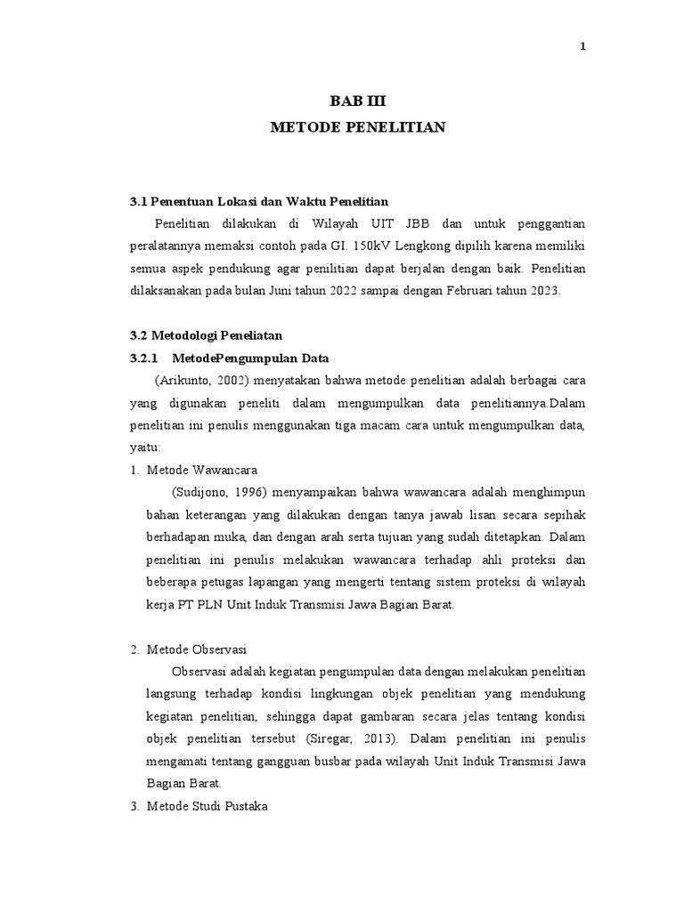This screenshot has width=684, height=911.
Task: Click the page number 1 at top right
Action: coord(582,48)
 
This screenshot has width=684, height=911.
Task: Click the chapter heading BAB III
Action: coord(357,102)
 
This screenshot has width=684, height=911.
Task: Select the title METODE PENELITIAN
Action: coord(357,128)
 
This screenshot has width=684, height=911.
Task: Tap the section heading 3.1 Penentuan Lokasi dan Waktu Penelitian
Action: coord(259,201)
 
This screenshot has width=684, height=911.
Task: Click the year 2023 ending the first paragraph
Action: coord(542,291)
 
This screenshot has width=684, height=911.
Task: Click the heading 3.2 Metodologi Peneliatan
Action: coord(206,335)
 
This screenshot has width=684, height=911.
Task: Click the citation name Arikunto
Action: coord(184,380)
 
